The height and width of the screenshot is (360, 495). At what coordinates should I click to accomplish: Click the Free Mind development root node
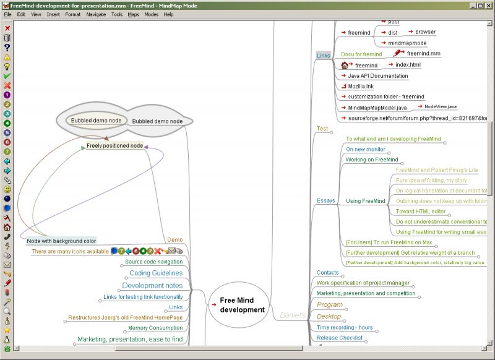tap(242, 305)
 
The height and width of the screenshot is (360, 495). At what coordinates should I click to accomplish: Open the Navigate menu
tap(96, 14)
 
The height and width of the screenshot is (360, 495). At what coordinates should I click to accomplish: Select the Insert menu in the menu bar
tap(53, 14)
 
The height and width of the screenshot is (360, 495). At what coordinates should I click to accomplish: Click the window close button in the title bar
tap(489, 5)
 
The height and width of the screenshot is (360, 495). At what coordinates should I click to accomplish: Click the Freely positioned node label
tap(114, 146)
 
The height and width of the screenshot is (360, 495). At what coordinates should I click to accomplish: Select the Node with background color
tap(61, 241)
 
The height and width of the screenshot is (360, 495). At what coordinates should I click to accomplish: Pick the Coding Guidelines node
tap(155, 273)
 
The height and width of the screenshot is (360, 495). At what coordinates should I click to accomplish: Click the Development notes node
tap(152, 286)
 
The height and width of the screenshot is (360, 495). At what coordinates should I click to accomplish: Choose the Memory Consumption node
tap(155, 328)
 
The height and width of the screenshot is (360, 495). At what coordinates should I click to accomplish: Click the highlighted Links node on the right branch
tap(323, 56)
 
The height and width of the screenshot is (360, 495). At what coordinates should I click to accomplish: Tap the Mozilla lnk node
tap(361, 86)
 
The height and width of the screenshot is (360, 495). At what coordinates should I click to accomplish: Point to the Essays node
tap(325, 200)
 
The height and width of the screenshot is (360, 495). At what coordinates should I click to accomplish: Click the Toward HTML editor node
tap(421, 211)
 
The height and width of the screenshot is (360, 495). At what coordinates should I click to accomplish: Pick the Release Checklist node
tap(340, 338)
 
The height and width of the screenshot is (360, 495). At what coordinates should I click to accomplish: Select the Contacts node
tap(328, 272)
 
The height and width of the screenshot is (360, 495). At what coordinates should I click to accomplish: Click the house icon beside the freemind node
tap(345, 65)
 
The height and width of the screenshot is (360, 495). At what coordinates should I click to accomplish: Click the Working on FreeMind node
tap(372, 160)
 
